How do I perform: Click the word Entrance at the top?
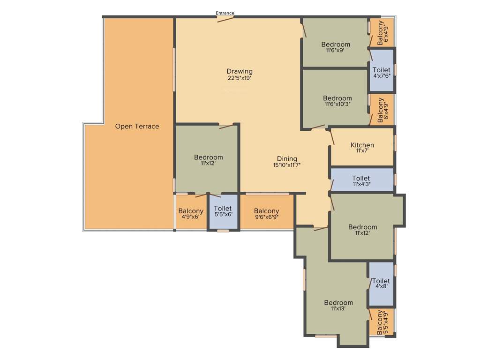pyautogui.click(x=225, y=13)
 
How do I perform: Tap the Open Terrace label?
pyautogui.click(x=137, y=127)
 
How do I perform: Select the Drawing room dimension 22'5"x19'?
pyautogui.click(x=240, y=78)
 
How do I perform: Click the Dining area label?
pyautogui.click(x=287, y=159)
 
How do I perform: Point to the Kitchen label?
pyautogui.click(x=362, y=145)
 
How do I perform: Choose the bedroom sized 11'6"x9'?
pyautogui.click(x=335, y=47)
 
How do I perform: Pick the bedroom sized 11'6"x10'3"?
pyautogui.click(x=337, y=101)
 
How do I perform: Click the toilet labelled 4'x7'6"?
pyautogui.click(x=382, y=72)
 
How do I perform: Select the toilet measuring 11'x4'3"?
pyautogui.click(x=361, y=181)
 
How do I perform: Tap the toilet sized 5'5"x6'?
pyautogui.click(x=223, y=211)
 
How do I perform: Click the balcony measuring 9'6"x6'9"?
pyautogui.click(x=267, y=214)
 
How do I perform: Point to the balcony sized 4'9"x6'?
pyautogui.click(x=191, y=214)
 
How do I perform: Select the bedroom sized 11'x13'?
pyautogui.click(x=338, y=306)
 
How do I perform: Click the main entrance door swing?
pyautogui.click(x=225, y=19)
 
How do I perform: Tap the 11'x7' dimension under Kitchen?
pyautogui.click(x=362, y=150)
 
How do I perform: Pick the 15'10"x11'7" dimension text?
pyautogui.click(x=287, y=165)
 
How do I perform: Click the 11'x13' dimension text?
pyautogui.click(x=338, y=309)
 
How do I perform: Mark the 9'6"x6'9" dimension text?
pyautogui.click(x=267, y=217)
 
